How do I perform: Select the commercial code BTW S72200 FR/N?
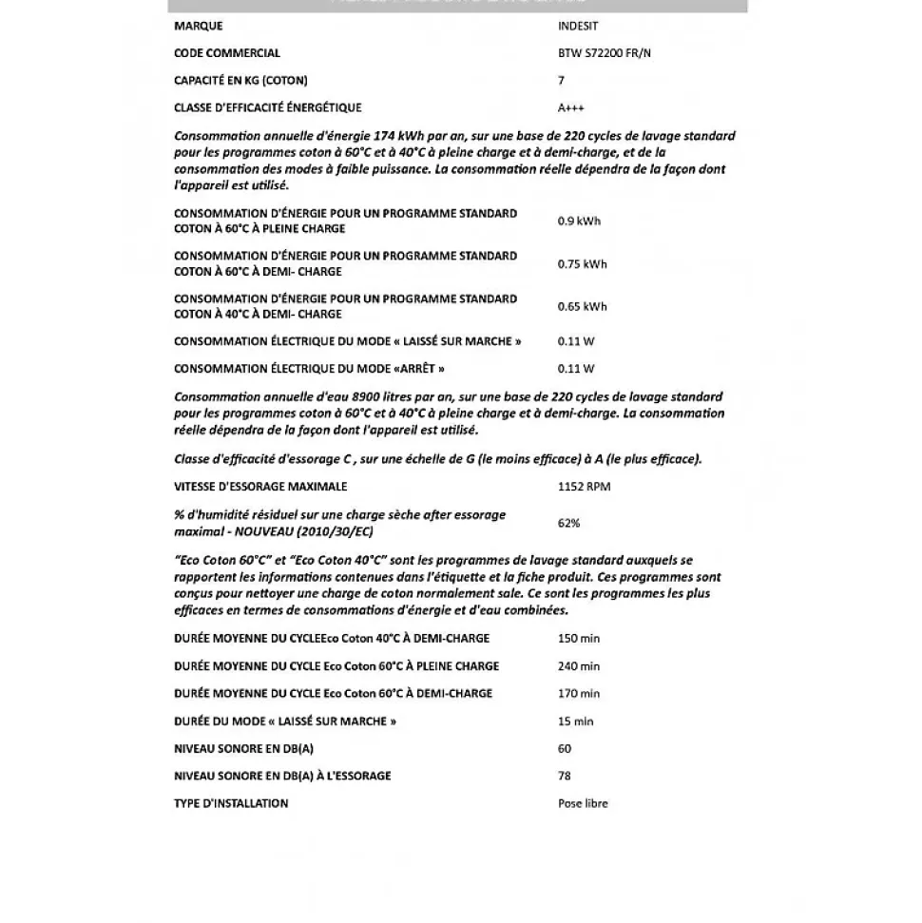pyautogui.click(x=605, y=53)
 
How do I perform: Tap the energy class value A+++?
pyautogui.click(x=571, y=107)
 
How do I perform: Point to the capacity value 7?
pyautogui.click(x=561, y=81)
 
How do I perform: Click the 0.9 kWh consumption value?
pyautogui.click(x=579, y=221)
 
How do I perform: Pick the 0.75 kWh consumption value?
pyautogui.click(x=582, y=264)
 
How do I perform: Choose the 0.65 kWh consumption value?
pyautogui.click(x=582, y=306)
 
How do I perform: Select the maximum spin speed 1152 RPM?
pyautogui.click(x=584, y=487)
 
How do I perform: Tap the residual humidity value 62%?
pyautogui.click(x=568, y=522)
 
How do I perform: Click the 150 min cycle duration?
pyautogui.click(x=579, y=639)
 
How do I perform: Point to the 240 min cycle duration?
pyautogui.click(x=579, y=666)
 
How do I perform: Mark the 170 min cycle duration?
pyautogui.click(x=579, y=694)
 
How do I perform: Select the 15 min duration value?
pyautogui.click(x=575, y=721)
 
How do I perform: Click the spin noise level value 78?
pyautogui.click(x=565, y=776)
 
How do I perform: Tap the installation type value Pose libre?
pyautogui.click(x=583, y=803)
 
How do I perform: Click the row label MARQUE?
pyautogui.click(x=198, y=26)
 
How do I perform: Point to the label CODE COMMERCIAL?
pyautogui.click(x=227, y=53)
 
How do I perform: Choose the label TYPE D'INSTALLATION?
pyautogui.click(x=231, y=803)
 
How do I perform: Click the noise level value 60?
pyautogui.click(x=565, y=749)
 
